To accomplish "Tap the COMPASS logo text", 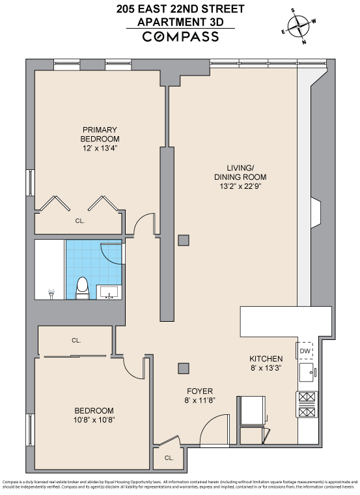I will tap(180, 36).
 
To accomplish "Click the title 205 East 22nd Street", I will tap(180, 8).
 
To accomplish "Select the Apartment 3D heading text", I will tap(180, 21).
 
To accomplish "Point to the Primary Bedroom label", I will tap(100, 134).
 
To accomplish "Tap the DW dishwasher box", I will tap(305, 351).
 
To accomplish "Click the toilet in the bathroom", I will tap(82, 287).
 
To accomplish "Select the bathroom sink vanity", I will tap(109, 291).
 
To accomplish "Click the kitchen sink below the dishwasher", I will tap(305, 373).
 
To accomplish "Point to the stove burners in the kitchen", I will tap(307, 404).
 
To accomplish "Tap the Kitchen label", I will tap(266, 359).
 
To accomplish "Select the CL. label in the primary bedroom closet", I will tap(79, 221).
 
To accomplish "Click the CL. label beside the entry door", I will tap(169, 458).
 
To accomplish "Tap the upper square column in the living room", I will tap(184, 240).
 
